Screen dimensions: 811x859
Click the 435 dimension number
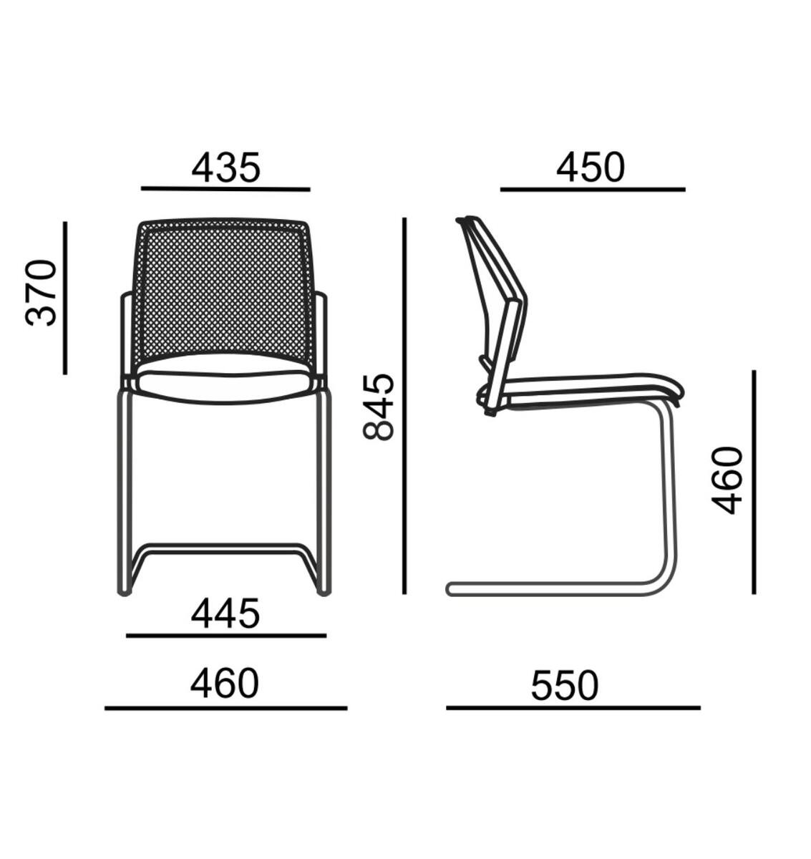[x=225, y=168]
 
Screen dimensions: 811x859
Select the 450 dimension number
[x=591, y=167]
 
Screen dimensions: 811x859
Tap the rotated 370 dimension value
[x=41, y=293]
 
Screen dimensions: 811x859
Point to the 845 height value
[x=379, y=407]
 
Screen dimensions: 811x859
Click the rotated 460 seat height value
[x=727, y=480]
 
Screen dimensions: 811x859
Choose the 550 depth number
[x=565, y=686]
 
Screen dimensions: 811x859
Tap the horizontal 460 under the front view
[x=225, y=684]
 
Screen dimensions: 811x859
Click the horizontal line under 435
[x=225, y=189]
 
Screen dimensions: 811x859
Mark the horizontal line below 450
[x=593, y=189]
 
